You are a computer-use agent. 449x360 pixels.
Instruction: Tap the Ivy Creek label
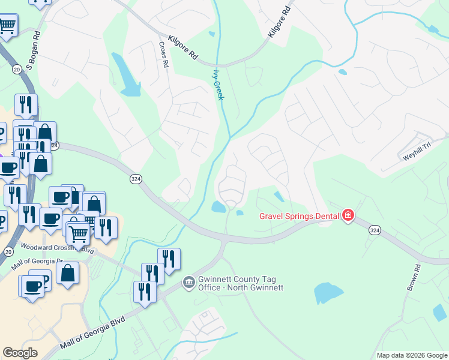[218, 85]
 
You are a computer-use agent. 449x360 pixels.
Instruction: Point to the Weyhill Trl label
[417, 155]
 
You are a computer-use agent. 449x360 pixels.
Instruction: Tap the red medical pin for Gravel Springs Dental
[348, 215]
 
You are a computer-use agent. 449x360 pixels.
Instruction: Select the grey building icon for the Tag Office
[188, 281]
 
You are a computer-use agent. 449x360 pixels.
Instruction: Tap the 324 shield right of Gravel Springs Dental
[375, 230]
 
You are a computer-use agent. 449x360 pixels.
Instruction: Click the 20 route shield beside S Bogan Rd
[16, 70]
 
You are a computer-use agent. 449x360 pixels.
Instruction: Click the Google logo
[20, 353]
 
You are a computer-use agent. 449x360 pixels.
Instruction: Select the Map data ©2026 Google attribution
[411, 355]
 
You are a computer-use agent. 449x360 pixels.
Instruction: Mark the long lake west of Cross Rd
[127, 76]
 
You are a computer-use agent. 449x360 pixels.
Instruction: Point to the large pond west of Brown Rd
[328, 293]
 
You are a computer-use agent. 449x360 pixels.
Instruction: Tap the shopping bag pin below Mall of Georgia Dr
[67, 274]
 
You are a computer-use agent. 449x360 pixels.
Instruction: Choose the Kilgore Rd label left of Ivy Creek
[183, 47]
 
